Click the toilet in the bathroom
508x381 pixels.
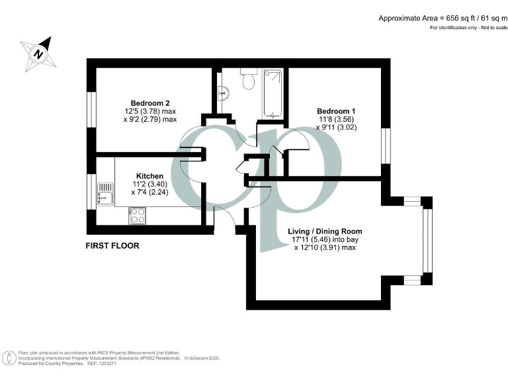pos(249,80)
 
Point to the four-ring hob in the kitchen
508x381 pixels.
pos(137,214)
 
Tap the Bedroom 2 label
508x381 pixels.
pos(150,103)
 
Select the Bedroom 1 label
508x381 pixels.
pos(336,110)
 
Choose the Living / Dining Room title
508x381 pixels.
pos(325,231)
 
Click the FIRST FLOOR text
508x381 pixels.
pos(112,245)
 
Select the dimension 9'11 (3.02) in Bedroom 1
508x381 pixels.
pos(336,127)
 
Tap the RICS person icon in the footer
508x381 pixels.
pos(9,359)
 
